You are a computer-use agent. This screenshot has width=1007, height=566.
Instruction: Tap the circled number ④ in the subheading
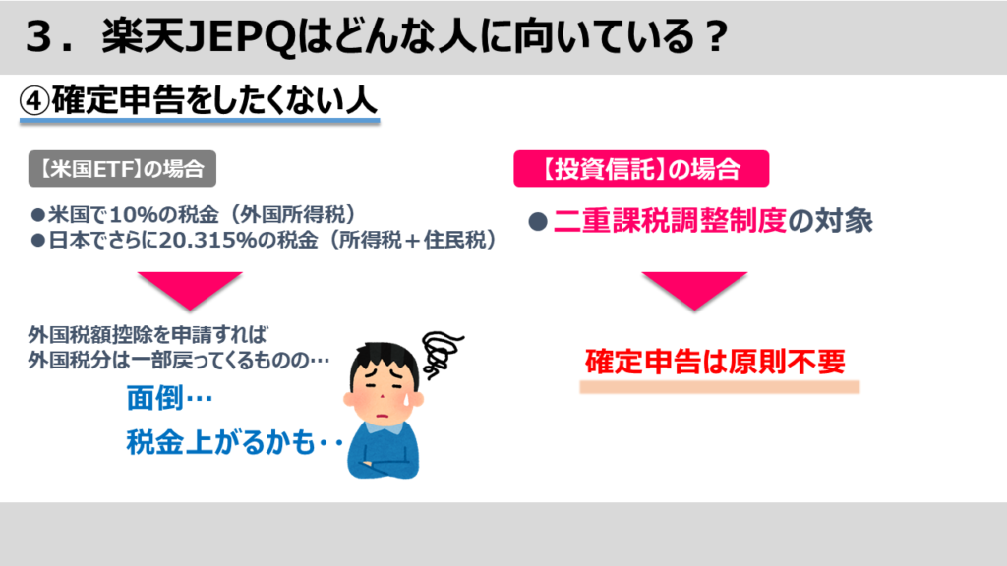tap(34, 101)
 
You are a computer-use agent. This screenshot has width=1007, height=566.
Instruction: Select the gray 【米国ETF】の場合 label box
tap(122, 169)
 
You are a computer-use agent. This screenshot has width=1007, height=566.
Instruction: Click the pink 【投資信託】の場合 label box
tap(641, 169)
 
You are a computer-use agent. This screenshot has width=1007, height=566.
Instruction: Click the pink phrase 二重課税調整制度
tap(670, 221)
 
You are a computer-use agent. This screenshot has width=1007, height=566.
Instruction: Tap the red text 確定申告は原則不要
tap(716, 362)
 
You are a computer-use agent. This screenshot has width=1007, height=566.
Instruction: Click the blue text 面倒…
tap(169, 398)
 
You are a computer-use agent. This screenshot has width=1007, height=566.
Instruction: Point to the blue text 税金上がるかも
tap(220, 442)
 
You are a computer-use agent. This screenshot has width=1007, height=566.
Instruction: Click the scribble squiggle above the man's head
tap(442, 353)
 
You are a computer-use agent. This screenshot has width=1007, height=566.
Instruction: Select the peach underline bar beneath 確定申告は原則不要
tap(719, 386)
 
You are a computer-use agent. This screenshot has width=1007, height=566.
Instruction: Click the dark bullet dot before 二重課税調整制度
tap(538, 222)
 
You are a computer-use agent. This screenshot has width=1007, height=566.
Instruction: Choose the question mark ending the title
tap(714, 37)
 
